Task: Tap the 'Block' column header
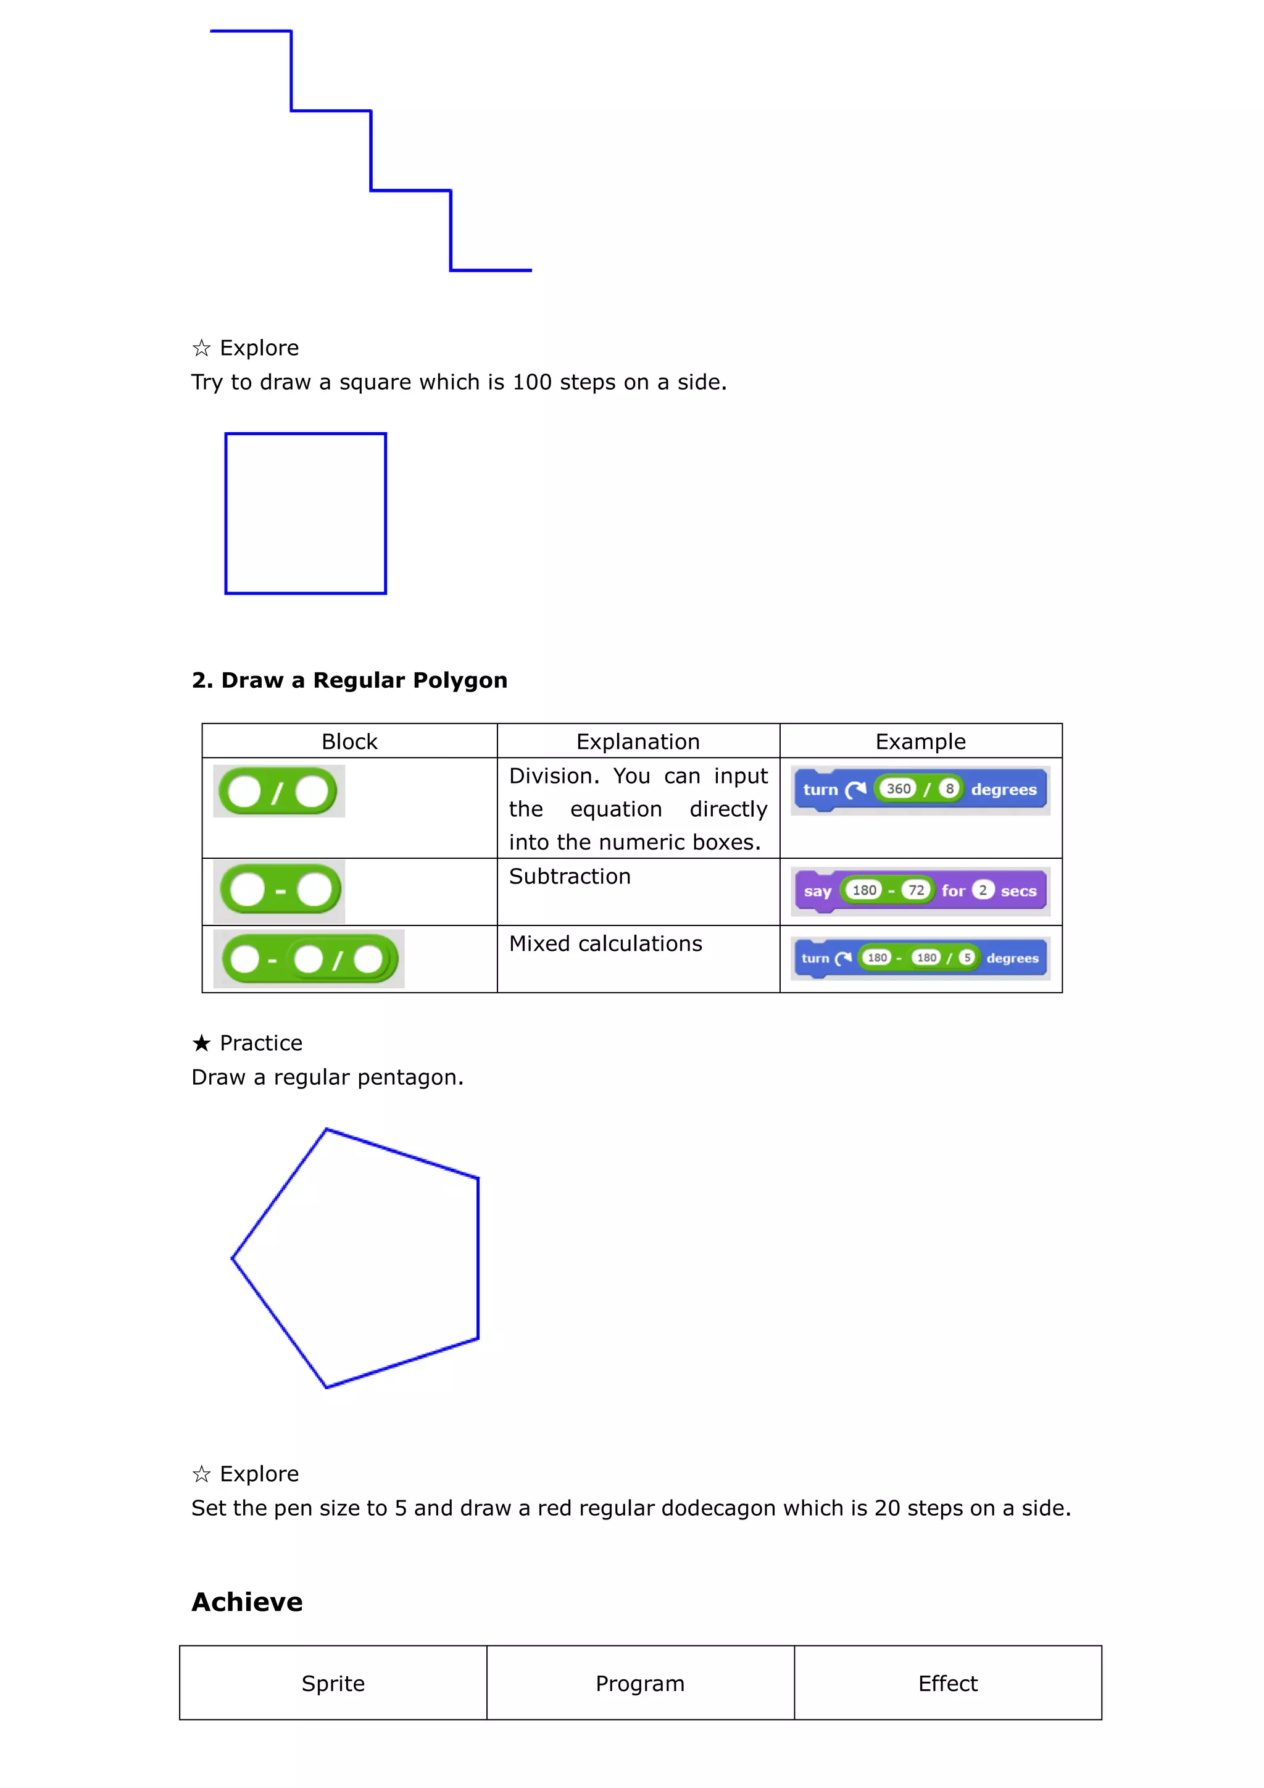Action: [349, 742]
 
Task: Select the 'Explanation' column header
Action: [638, 742]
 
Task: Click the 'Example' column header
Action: [920, 742]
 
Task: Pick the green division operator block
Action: [278, 792]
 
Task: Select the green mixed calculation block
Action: [309, 959]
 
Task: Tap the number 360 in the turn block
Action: [898, 789]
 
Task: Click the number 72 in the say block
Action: [916, 890]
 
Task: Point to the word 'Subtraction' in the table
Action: [570, 877]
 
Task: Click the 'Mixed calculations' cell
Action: [605, 944]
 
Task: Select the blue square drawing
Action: [305, 514]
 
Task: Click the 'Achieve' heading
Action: [247, 1602]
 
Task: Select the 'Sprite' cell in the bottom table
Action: [333, 1684]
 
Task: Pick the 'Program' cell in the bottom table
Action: [640, 1684]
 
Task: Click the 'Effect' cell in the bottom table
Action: [947, 1684]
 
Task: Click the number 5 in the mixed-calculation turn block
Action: [967, 958]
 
